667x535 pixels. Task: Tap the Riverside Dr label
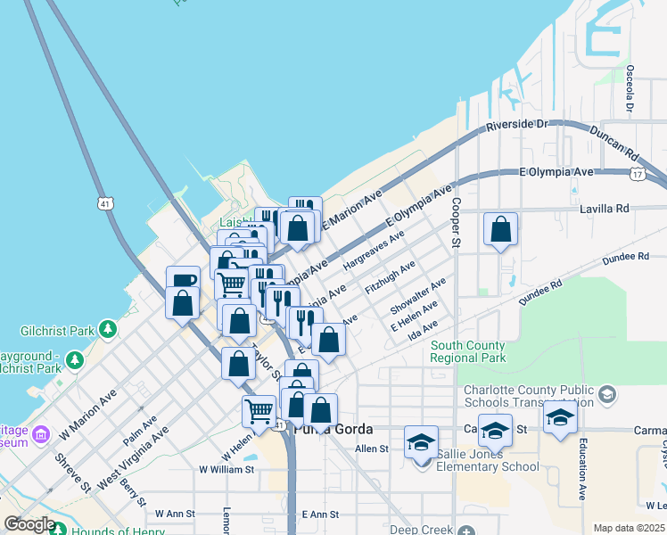[x=516, y=125]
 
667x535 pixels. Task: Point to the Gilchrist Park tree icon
[x=108, y=330]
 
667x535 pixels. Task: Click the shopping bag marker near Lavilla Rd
[x=501, y=229]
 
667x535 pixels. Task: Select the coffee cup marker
[x=183, y=281]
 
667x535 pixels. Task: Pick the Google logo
[x=29, y=524]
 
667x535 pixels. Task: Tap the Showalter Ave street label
[x=417, y=297]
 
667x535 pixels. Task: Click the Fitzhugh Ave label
[x=390, y=278]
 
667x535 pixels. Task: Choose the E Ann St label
[x=320, y=514]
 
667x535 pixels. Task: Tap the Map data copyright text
[x=629, y=528]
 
